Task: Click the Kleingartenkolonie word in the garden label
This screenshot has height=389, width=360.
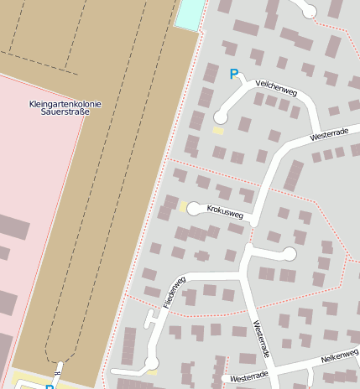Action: pos(65,104)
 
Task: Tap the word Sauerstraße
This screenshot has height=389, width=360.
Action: pos(65,112)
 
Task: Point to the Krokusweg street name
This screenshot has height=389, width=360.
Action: pos(225,212)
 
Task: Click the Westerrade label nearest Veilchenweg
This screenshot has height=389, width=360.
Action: pos(329,134)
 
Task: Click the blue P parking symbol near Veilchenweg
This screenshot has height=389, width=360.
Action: pos(234,75)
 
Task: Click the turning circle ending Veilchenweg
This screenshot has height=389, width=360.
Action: pos(221,117)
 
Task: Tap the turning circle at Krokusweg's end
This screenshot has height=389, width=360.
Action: pos(194,208)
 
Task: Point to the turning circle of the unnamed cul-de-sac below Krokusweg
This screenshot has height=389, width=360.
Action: pos(290,253)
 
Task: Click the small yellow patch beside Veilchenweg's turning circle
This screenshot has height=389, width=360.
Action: pos(218,131)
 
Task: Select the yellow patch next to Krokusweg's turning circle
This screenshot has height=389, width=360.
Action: pos(183,206)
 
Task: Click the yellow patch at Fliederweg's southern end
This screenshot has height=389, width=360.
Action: pos(152,363)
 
